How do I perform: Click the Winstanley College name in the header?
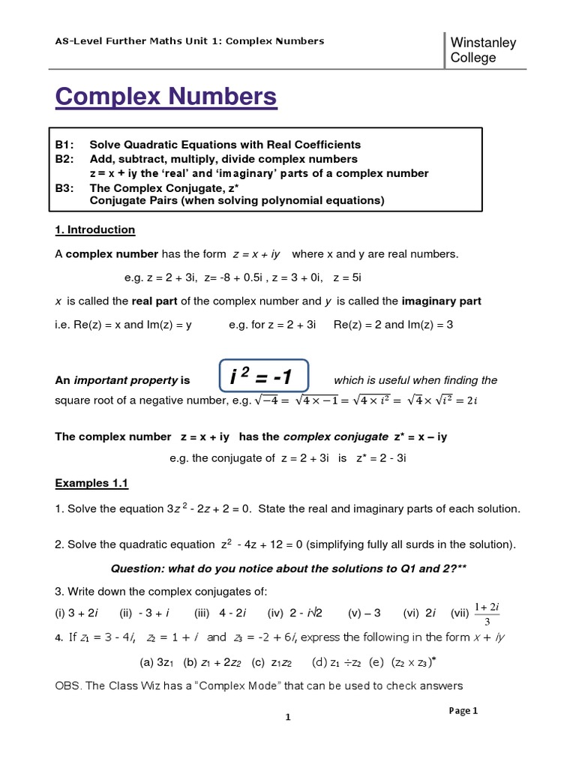(x=483, y=50)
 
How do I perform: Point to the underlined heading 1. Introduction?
(x=95, y=229)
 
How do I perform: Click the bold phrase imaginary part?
(x=441, y=301)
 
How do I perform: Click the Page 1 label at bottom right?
(x=463, y=711)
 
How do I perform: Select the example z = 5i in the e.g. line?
(x=349, y=277)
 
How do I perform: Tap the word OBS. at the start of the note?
(x=69, y=685)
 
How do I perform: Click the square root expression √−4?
(x=267, y=400)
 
